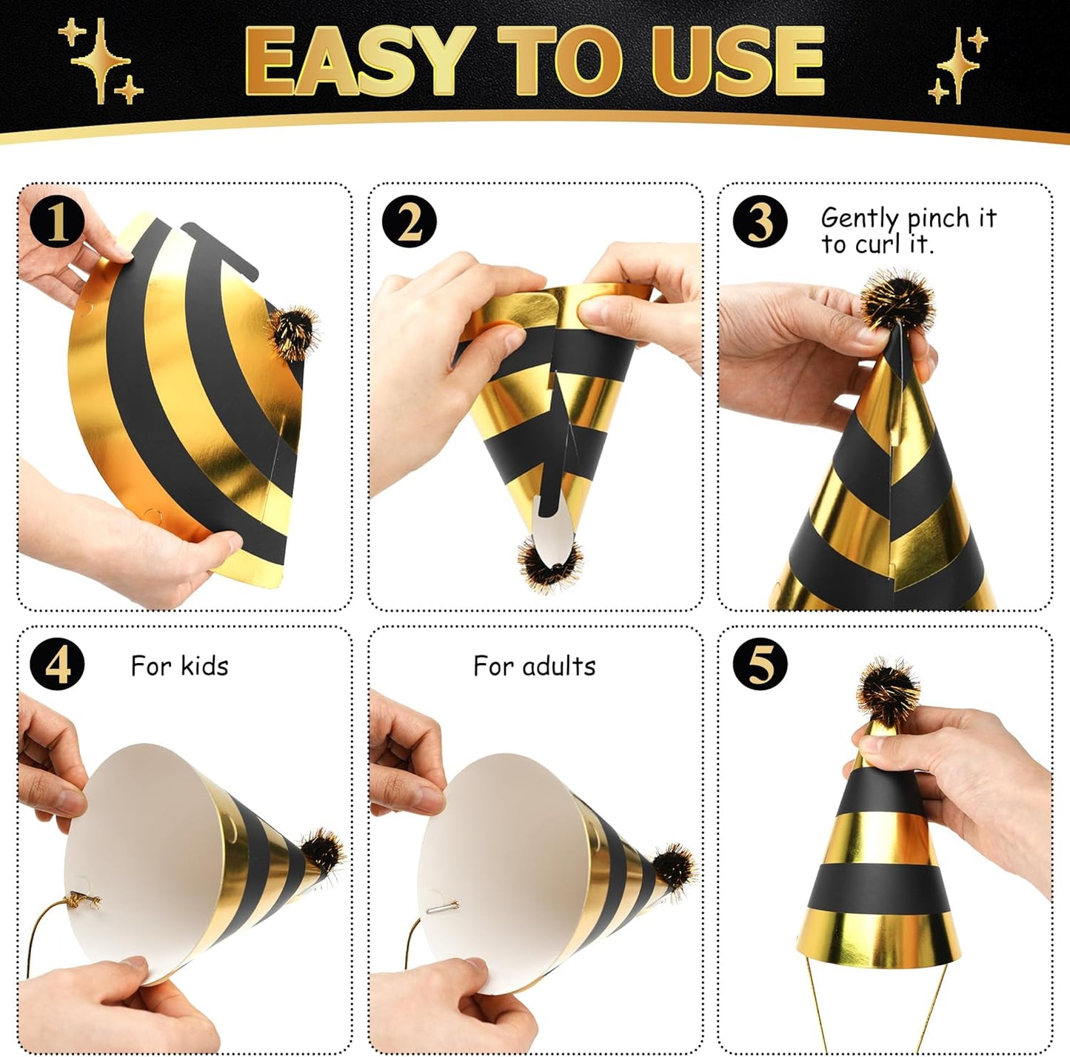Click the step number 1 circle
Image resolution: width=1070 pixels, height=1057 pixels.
[x=57, y=221]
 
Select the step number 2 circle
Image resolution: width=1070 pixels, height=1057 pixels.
[x=409, y=221]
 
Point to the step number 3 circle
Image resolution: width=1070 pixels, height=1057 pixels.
[x=760, y=221]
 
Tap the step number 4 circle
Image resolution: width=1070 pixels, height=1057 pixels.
[x=57, y=664]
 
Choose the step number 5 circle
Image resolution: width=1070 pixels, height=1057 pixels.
[x=760, y=664]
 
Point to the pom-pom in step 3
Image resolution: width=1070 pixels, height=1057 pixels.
[x=897, y=301]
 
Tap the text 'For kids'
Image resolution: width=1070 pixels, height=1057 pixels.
[x=179, y=666]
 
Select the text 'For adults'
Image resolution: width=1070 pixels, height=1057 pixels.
[x=534, y=666]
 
